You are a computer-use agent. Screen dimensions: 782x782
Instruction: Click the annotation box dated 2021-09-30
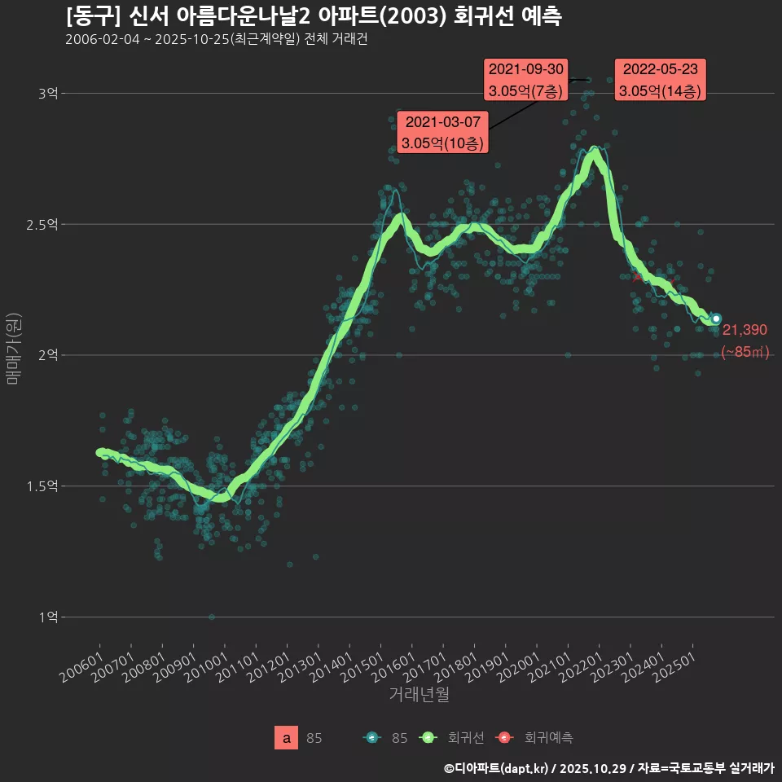[x=526, y=80]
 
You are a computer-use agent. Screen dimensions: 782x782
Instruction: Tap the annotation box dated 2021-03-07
[x=444, y=133]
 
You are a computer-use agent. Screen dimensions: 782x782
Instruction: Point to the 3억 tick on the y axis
[x=48, y=94]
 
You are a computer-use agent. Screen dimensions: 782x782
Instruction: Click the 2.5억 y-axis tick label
[x=44, y=224]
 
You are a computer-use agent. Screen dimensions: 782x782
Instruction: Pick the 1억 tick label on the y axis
[x=48, y=617]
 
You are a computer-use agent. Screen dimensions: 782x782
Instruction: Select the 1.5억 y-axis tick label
[x=44, y=486]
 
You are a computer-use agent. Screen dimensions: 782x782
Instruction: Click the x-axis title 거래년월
[x=419, y=694]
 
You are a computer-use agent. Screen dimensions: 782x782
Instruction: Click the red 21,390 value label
[x=745, y=330]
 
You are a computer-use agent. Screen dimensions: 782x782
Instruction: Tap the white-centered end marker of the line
[x=716, y=319]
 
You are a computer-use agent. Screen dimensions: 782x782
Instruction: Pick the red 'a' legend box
[x=287, y=738]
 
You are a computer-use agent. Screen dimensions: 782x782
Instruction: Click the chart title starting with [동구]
[x=313, y=16]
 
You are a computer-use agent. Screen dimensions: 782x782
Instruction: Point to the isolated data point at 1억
[x=212, y=617]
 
